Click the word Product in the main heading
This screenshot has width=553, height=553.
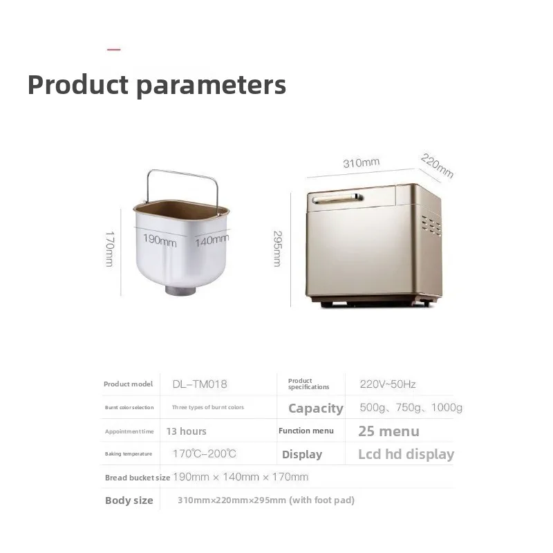coord(78,84)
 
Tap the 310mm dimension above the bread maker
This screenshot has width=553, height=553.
coord(361,162)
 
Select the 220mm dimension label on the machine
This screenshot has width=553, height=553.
coord(437,165)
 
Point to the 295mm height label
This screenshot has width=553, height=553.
coord(278,249)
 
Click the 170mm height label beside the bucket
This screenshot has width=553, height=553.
coord(110,249)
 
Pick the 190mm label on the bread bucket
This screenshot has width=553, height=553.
coord(160,240)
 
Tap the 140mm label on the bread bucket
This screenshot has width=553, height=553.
coord(212,240)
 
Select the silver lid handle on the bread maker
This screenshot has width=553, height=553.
coord(337,199)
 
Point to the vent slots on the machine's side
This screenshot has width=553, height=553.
coord(431,226)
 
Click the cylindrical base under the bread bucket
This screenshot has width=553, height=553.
coord(180,290)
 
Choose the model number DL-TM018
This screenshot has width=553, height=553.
coord(200,384)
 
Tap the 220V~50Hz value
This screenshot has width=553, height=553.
coord(388,384)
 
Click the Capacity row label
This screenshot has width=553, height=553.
coord(316,408)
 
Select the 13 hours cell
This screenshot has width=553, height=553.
coord(186,431)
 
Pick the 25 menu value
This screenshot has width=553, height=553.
coord(388,431)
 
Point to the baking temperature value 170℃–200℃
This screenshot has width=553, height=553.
coord(204,453)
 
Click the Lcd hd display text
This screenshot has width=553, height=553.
coord(406,454)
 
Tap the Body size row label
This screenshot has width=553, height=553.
coord(129,500)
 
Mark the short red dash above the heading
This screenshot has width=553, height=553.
coord(113,50)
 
